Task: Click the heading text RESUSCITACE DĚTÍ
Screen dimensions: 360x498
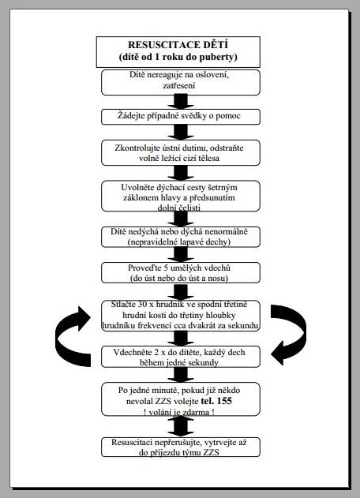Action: click(x=178, y=45)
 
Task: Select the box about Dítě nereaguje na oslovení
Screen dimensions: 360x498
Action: click(x=181, y=82)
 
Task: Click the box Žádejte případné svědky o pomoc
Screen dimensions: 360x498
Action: click(x=181, y=117)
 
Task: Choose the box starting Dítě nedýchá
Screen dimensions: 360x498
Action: click(x=181, y=237)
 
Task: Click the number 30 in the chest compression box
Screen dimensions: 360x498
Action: click(x=142, y=305)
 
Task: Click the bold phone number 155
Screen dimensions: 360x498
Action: click(x=224, y=401)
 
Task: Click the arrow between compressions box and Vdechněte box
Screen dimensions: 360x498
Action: click(x=181, y=338)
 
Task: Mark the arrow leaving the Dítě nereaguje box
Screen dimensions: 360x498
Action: click(x=181, y=102)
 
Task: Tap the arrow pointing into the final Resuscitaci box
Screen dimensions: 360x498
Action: click(x=181, y=426)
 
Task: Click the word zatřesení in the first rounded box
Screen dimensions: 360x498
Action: click(x=179, y=86)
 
